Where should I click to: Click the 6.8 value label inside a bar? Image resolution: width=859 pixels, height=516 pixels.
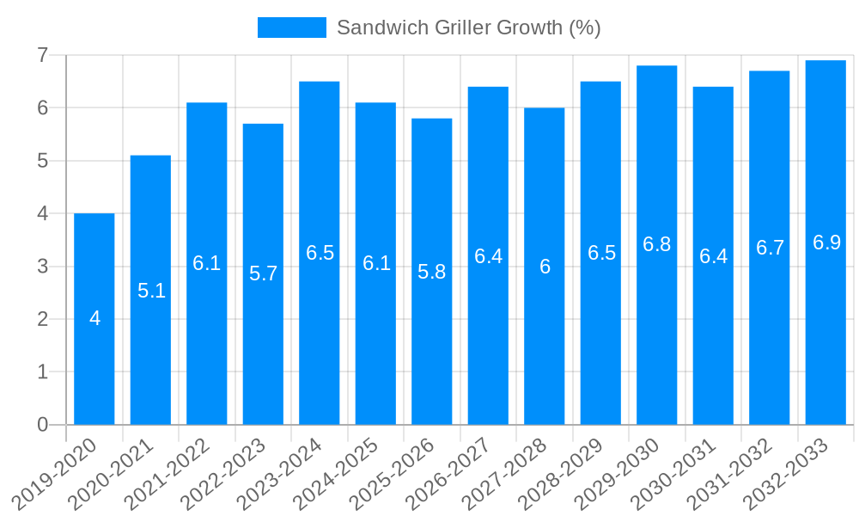click(657, 244)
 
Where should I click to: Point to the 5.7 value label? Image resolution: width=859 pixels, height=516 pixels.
click(264, 273)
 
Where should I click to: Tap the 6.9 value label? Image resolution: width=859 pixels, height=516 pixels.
click(826, 243)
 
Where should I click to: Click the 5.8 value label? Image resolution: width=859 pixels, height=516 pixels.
click(432, 272)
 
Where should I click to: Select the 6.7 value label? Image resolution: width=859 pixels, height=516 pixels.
click(770, 248)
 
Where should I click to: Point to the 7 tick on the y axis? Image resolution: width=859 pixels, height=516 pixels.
click(42, 55)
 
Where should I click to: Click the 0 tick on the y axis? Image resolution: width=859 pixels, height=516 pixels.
click(42, 425)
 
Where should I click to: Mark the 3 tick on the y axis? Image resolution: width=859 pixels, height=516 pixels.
click(42, 267)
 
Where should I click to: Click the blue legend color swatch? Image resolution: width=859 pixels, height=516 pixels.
click(292, 28)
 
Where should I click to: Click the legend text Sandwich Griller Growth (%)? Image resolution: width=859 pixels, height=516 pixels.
click(468, 28)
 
